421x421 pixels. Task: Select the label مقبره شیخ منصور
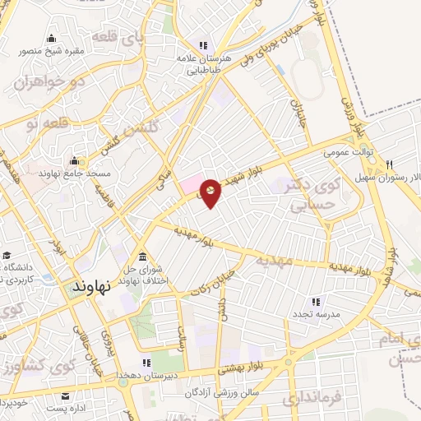click(x=53, y=51)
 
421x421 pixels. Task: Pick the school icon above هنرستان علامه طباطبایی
click(x=201, y=45)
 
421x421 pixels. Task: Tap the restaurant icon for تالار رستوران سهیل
click(x=389, y=164)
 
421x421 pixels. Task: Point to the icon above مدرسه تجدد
click(x=314, y=302)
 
